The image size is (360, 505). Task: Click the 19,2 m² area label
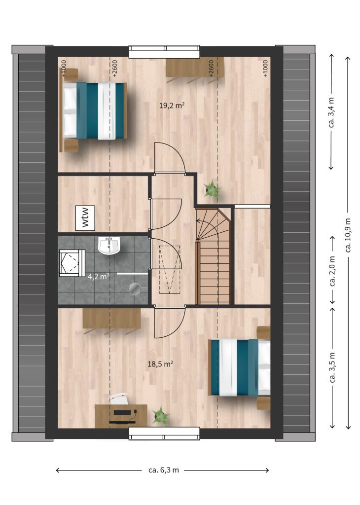click(x=172, y=106)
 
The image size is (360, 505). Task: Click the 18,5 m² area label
click(x=160, y=364)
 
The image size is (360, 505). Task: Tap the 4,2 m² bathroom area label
click(x=99, y=276)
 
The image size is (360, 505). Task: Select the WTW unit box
click(x=85, y=218)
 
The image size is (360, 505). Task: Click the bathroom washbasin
click(x=109, y=246)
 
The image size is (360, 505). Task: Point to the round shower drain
click(x=135, y=289)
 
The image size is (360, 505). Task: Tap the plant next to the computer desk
click(x=161, y=416)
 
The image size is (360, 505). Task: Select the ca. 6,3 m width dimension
click(x=163, y=470)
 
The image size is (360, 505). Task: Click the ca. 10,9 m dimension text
click(x=348, y=235)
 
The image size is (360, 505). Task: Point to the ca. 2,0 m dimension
click(x=332, y=271)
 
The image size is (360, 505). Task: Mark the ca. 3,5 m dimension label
click(x=332, y=367)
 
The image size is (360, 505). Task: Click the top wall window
click(x=164, y=51)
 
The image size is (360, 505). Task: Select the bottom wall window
click(x=164, y=433)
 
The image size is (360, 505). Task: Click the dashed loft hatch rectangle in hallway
click(x=170, y=270)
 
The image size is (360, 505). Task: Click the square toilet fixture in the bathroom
click(x=72, y=263)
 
